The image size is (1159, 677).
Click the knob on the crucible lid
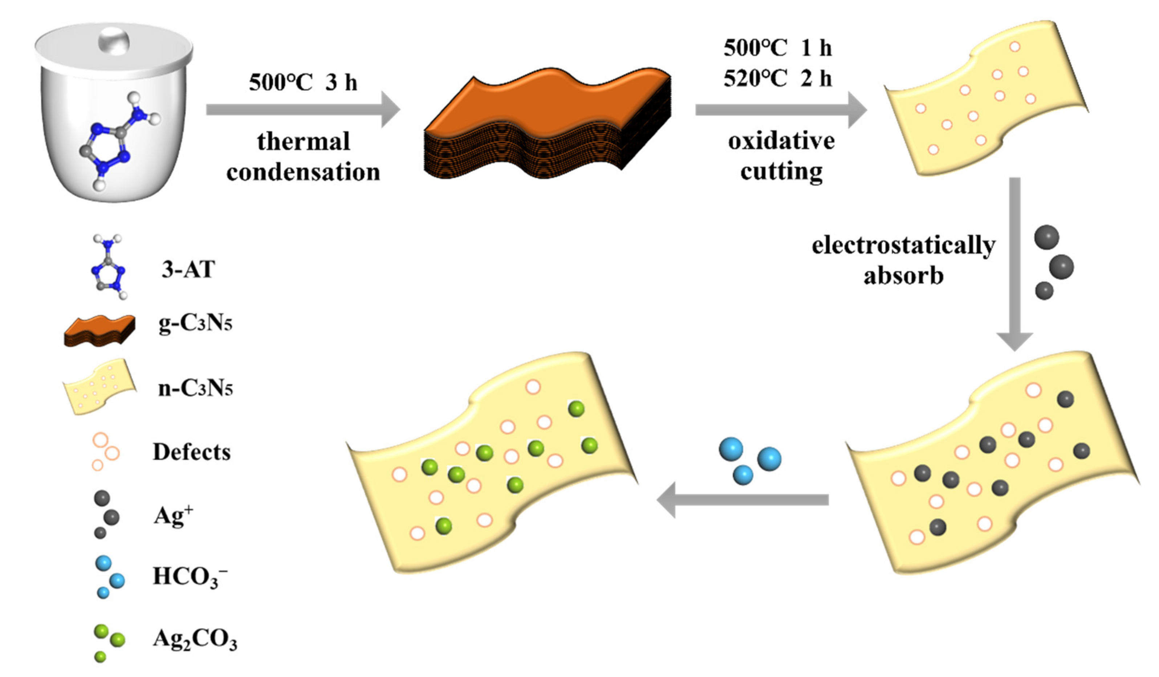[114, 40]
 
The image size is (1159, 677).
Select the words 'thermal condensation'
[303, 157]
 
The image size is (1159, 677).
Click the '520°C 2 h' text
[777, 78]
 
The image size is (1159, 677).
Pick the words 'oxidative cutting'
[781, 157]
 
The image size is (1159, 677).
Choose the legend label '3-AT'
[188, 269]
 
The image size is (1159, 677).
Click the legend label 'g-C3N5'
[195, 323]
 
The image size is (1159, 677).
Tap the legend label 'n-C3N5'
[195, 389]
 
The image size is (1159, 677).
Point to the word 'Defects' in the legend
[191, 452]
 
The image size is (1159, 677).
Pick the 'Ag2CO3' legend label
[195, 639]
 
